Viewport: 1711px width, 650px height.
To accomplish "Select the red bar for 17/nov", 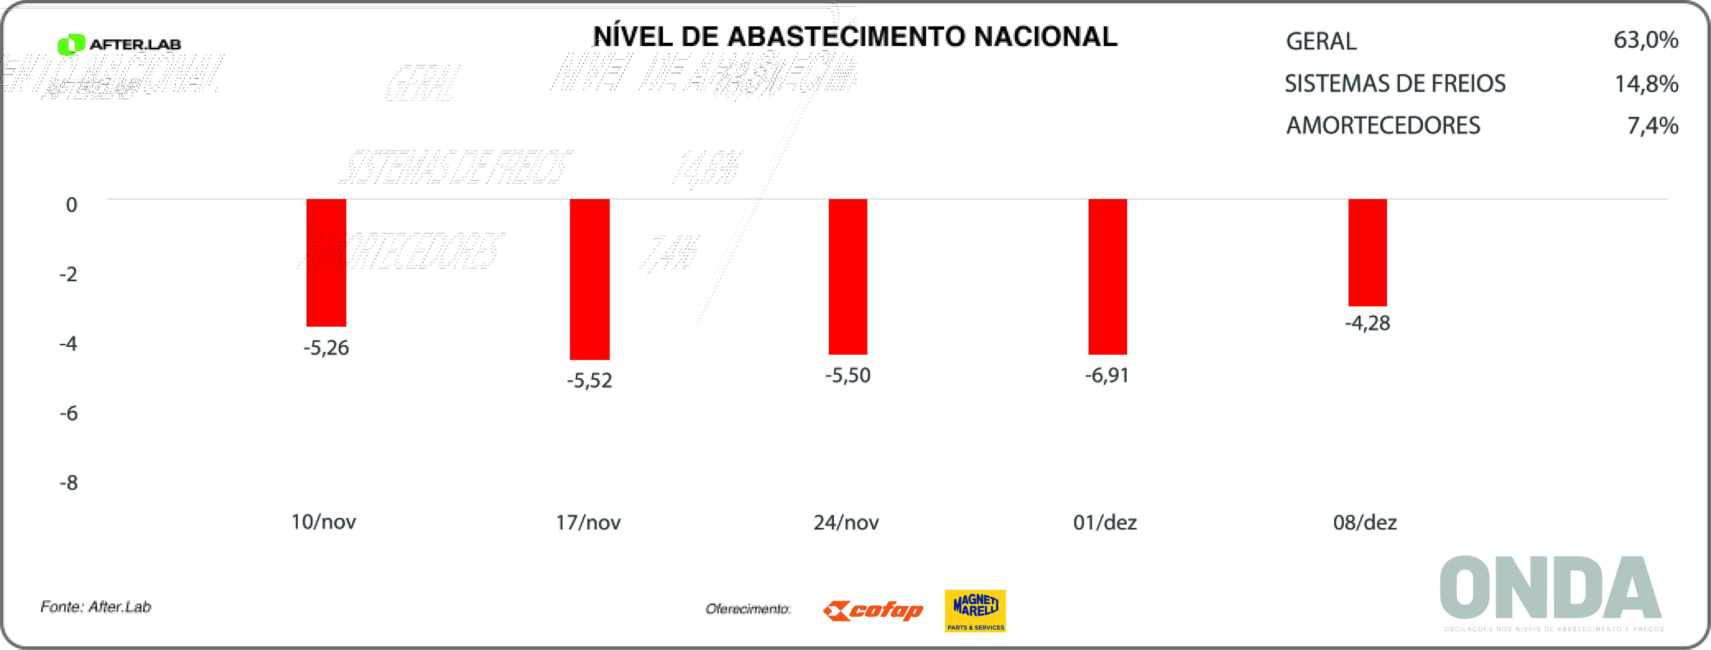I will coord(590,279).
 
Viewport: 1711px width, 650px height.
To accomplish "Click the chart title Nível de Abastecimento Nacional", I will coord(855,37).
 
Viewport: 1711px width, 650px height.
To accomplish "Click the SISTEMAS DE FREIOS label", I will coord(1395,84).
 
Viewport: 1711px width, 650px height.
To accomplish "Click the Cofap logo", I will coord(873,610).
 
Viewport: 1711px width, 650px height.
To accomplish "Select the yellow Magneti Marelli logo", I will coord(975,610).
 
